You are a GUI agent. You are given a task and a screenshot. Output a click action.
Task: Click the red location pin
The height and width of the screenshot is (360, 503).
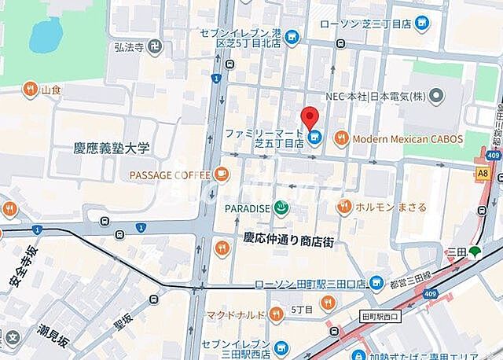312,116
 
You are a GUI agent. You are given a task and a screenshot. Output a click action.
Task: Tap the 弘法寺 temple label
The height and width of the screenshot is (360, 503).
129,46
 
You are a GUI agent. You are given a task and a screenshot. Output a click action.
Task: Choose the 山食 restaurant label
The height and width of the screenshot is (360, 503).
51,89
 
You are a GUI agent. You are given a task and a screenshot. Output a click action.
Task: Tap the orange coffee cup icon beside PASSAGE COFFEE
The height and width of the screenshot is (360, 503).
222,174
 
